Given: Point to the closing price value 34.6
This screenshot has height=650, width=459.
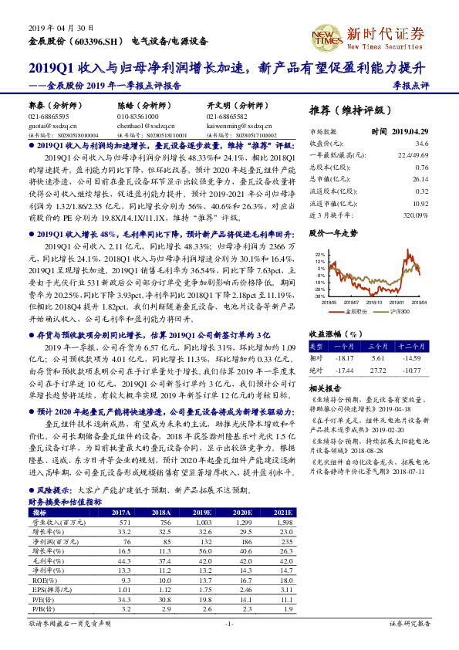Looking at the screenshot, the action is tap(421, 143).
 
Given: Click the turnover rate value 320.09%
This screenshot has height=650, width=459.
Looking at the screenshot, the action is tap(415, 214).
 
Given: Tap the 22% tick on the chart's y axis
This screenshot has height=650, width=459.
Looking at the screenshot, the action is tap(319, 252).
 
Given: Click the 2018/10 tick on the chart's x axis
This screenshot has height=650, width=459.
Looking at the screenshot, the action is tap(375, 303).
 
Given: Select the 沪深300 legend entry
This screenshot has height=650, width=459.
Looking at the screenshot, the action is tap(397, 311).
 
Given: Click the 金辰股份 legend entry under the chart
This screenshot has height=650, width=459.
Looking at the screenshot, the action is tap(356, 311).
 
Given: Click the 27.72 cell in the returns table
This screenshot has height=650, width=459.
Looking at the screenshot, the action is tap(377, 371).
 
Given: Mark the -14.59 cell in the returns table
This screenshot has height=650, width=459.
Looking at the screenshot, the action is tap(416, 358).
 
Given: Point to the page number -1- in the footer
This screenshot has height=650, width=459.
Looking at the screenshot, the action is tap(229, 622).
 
